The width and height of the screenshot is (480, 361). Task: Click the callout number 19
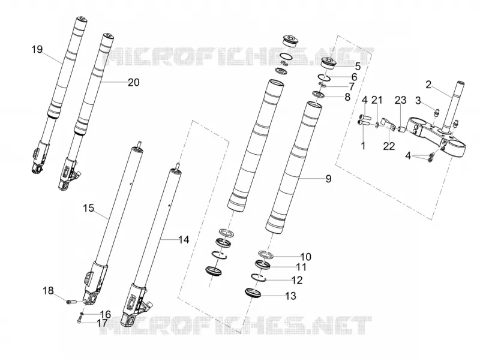[x=37, y=49]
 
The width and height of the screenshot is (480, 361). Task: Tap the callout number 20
[x=133, y=82]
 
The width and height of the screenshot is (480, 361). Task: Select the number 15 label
[x=88, y=208]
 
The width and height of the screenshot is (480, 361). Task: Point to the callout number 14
[x=184, y=240]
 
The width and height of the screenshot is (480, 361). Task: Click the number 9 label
[x=328, y=178]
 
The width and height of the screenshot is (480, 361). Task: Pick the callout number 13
[x=291, y=296]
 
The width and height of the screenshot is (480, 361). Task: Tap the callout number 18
[x=48, y=290]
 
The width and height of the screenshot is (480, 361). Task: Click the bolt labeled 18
[x=70, y=302]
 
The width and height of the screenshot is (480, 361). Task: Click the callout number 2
[x=428, y=85]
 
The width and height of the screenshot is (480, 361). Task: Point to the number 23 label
[x=400, y=100]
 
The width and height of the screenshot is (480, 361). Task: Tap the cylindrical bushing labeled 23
[x=401, y=130]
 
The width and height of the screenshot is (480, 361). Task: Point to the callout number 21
[x=377, y=100]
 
